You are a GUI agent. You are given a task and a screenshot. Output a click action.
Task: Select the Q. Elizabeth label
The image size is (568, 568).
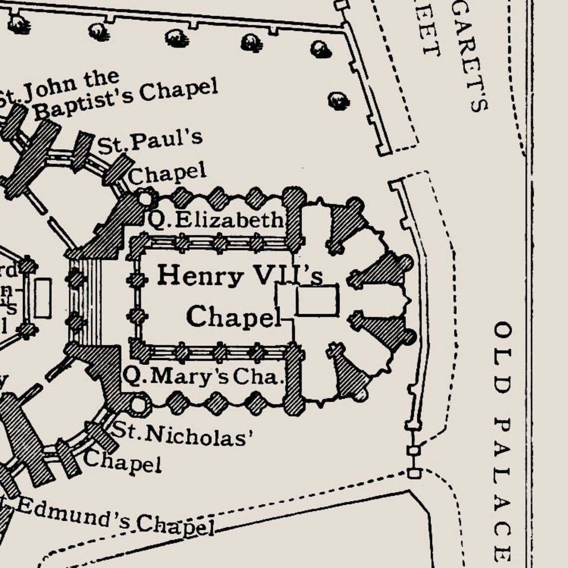216,220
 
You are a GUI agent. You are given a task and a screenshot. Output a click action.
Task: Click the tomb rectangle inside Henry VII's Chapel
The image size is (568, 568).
317,300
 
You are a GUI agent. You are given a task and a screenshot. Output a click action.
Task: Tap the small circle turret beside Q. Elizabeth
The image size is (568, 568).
145,199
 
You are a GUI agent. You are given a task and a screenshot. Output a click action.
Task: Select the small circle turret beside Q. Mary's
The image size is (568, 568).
140,403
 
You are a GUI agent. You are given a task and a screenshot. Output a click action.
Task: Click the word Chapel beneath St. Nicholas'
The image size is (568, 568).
123,461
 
